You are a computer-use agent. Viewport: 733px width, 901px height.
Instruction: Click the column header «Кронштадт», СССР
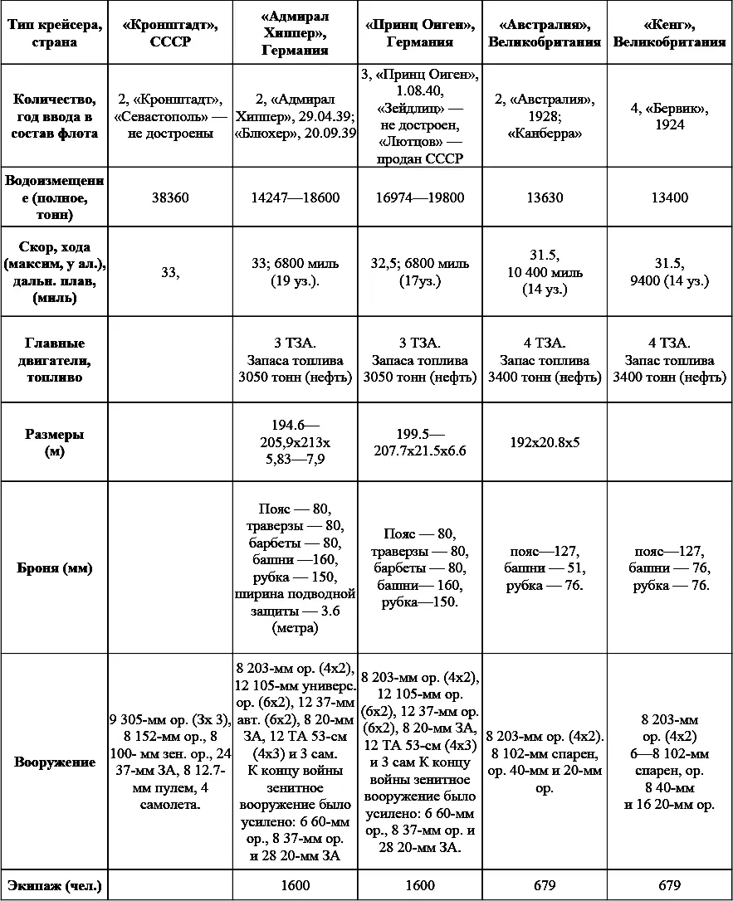[171, 33]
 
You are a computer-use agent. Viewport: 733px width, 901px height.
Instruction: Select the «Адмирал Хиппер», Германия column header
[295, 33]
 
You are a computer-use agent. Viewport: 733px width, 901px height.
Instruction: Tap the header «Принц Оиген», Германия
[420, 33]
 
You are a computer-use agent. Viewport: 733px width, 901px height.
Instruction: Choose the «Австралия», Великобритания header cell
[545, 33]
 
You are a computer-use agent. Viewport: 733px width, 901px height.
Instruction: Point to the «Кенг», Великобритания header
[669, 33]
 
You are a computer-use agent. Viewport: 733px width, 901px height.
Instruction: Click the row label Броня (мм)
[54, 568]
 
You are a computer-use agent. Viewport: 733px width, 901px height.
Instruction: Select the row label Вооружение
[54, 762]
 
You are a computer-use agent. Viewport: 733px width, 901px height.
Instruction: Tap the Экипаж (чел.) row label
[54, 885]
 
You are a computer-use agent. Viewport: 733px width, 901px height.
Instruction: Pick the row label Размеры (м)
[54, 443]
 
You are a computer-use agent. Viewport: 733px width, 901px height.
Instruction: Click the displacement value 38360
[171, 198]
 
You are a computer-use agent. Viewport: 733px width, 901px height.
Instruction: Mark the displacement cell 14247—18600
[295, 198]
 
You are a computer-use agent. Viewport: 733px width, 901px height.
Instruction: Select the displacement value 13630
[545, 198]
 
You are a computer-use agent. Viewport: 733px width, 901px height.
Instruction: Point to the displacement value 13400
[669, 198]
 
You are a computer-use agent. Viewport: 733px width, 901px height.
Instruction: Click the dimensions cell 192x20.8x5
[545, 442]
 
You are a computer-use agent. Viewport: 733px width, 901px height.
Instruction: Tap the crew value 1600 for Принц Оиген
[420, 885]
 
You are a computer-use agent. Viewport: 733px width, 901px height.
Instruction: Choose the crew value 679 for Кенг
[669, 885]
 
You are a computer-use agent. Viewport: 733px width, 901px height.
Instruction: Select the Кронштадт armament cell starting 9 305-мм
[171, 762]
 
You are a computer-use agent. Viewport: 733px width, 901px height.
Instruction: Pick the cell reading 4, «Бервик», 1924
[669, 116]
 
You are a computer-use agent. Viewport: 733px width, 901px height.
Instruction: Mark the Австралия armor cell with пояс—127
[545, 568]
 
